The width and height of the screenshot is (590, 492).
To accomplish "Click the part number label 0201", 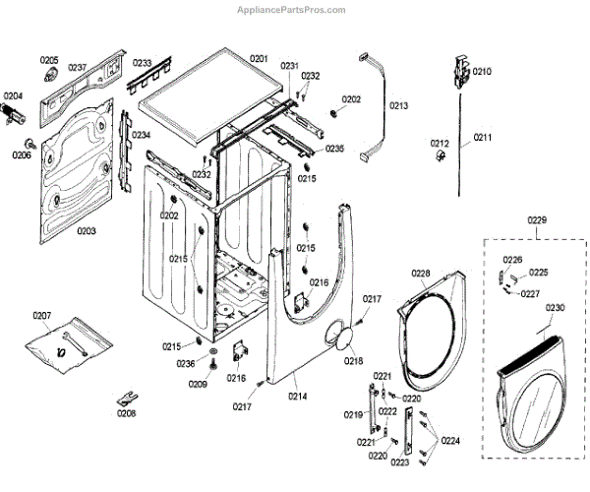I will pos(259,58).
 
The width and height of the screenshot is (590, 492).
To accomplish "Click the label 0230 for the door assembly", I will pos(556,307).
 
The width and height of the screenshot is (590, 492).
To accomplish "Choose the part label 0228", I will pos(421,273).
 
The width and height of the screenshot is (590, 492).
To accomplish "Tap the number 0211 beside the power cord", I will pos(483,137).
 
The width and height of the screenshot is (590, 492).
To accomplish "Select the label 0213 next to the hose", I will pos(398,105).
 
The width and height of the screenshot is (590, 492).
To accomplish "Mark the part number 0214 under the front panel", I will pos(298,396).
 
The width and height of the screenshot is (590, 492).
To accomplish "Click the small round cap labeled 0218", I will pos(344,339).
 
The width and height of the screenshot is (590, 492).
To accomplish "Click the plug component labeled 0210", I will pos(458,72).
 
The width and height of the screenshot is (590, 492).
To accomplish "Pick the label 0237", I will pos(78,68).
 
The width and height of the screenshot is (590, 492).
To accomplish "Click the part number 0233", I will pos(143,62).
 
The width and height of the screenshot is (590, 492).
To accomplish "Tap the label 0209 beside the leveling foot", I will pos(199,383).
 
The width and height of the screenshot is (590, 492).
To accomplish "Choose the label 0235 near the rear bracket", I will pos(335,149).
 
